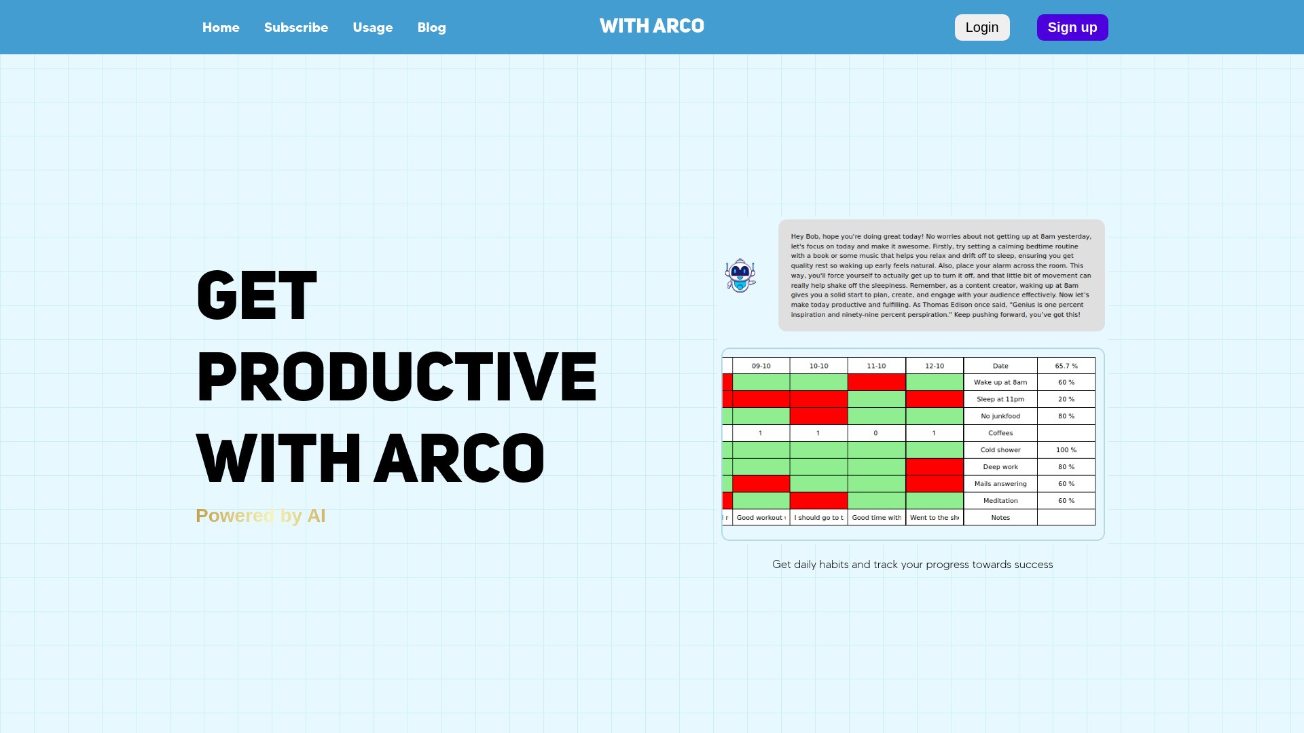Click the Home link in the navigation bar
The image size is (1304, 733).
pos(221,28)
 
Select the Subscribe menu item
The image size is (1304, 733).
pos(296,28)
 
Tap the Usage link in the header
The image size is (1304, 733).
pos(373,28)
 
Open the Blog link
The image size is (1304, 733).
pos(432,28)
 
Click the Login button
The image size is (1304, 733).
pos(982,28)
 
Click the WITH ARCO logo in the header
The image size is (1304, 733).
pos(652,26)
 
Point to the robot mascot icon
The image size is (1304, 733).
pos(740,276)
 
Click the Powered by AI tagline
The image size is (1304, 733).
pos(261,516)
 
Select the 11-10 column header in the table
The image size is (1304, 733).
pos(876,366)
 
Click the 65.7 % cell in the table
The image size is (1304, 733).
pos(1066,366)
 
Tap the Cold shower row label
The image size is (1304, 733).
pos(1000,450)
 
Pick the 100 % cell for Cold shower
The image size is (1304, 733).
pos(1066,450)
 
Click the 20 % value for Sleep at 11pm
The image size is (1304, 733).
pos(1066,399)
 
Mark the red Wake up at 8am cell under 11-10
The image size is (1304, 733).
pos(876,383)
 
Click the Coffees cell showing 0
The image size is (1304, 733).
pos(876,433)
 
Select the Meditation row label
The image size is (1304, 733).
pos(1000,501)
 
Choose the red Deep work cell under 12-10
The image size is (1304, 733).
pos(935,467)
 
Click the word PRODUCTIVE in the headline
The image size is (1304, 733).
pos(397,377)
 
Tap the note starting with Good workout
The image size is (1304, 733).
pos(761,518)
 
